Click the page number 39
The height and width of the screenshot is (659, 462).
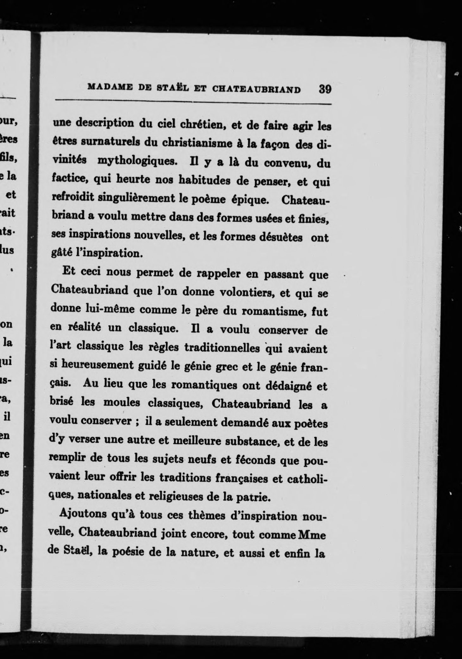pyautogui.click(x=325, y=89)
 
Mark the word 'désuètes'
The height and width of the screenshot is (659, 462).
pyautogui.click(x=280, y=237)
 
